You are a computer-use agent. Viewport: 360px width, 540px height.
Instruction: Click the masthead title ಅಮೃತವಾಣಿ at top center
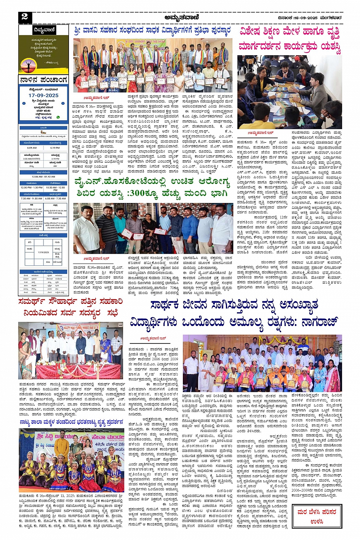[182, 17]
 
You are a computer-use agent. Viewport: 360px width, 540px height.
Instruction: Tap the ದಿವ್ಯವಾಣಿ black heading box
[43, 30]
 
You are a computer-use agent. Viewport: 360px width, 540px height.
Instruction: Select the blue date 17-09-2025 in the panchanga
[43, 96]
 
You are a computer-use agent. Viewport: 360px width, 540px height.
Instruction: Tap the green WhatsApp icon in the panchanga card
[58, 117]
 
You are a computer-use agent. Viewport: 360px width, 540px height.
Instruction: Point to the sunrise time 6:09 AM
[32, 148]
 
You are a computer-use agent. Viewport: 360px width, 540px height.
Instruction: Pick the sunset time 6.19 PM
[55, 148]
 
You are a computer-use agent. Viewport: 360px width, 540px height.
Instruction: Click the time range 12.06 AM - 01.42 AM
[43, 177]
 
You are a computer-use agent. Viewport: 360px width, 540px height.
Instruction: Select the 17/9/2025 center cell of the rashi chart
[43, 252]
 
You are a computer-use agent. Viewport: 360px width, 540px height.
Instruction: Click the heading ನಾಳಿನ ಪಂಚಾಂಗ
[43, 80]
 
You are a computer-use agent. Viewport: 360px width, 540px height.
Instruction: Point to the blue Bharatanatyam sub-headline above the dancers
[72, 422]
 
